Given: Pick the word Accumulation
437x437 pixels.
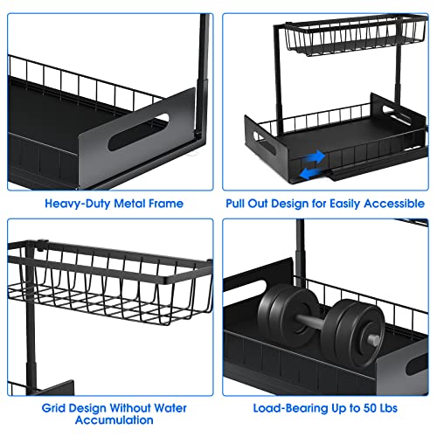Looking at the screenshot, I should click(109, 420).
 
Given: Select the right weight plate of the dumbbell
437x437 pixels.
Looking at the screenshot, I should click(350, 336).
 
